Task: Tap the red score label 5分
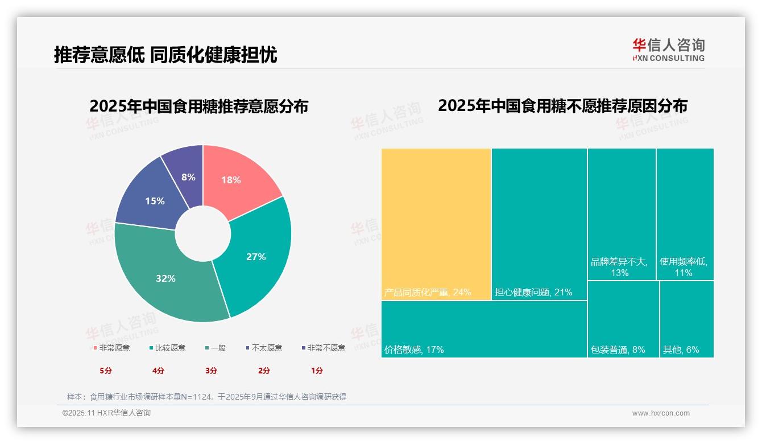tap(106, 371)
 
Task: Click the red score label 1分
tap(317, 371)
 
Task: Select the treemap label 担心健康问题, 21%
tap(533, 292)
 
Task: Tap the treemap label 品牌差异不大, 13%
tap(619, 267)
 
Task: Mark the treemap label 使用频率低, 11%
tap(684, 267)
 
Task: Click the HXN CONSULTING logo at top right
tap(668, 50)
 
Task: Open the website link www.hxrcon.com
tap(661, 413)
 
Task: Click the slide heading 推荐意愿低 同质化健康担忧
tap(165, 55)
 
